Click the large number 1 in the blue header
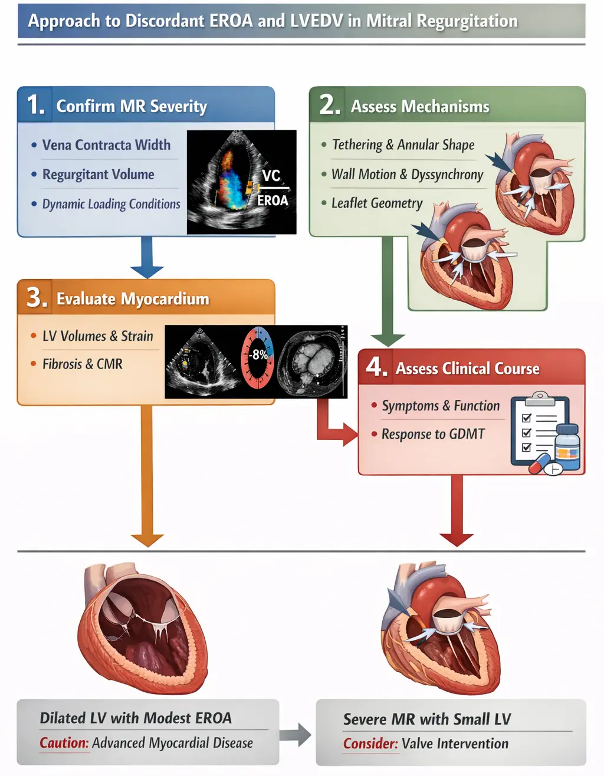pyautogui.click(x=35, y=105)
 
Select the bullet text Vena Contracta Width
pyautogui.click(x=106, y=145)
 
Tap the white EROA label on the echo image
pyautogui.click(x=273, y=200)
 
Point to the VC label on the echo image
pyautogui.click(x=271, y=176)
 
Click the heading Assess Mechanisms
pyautogui.click(x=420, y=107)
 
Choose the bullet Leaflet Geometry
pyautogui.click(x=377, y=203)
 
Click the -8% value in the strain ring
pyautogui.click(x=258, y=355)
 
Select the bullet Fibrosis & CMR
pyautogui.click(x=83, y=364)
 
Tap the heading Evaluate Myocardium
pyautogui.click(x=133, y=299)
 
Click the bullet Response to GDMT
pyautogui.click(x=433, y=435)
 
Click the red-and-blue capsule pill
pyautogui.click(x=539, y=463)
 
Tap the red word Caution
pyautogui.click(x=64, y=743)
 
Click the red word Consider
pyautogui.click(x=370, y=744)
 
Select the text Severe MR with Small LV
pyautogui.click(x=427, y=719)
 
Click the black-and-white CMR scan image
pyautogui.click(x=311, y=361)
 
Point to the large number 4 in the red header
pyautogui.click(x=376, y=367)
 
